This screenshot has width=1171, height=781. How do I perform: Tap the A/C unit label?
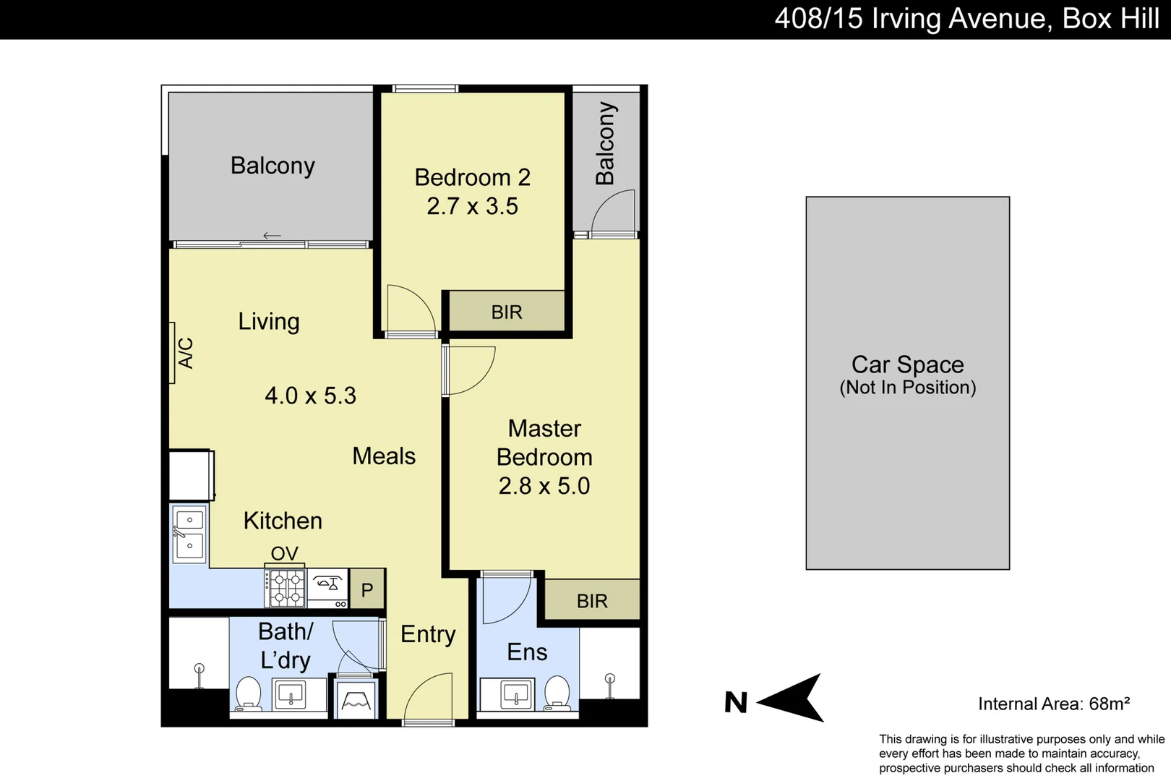coord(186,353)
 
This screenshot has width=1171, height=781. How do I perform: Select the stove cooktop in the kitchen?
coord(286,587)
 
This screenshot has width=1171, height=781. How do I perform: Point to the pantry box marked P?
coord(367,589)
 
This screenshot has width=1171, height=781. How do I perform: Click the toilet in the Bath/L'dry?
coord(248,694)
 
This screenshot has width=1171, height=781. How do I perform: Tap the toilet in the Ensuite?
coord(557,692)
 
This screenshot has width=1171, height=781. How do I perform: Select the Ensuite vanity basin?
coord(516,694)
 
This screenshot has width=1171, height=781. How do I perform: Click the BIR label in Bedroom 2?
coord(506,312)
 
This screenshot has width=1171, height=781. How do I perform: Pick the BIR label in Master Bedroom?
coord(592,601)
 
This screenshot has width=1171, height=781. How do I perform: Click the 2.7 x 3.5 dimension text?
coord(472,206)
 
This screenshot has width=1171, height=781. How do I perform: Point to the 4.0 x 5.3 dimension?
coord(310,396)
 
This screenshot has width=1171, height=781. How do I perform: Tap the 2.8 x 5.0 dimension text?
coord(544,486)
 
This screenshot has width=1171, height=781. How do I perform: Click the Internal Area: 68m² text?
coord(1053,704)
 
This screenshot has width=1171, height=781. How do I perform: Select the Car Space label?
coord(907,364)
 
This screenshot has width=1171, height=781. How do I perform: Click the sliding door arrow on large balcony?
coord(272,236)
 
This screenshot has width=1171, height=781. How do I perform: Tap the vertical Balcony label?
coord(605,143)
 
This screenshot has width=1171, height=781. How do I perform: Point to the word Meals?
coord(384,456)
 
